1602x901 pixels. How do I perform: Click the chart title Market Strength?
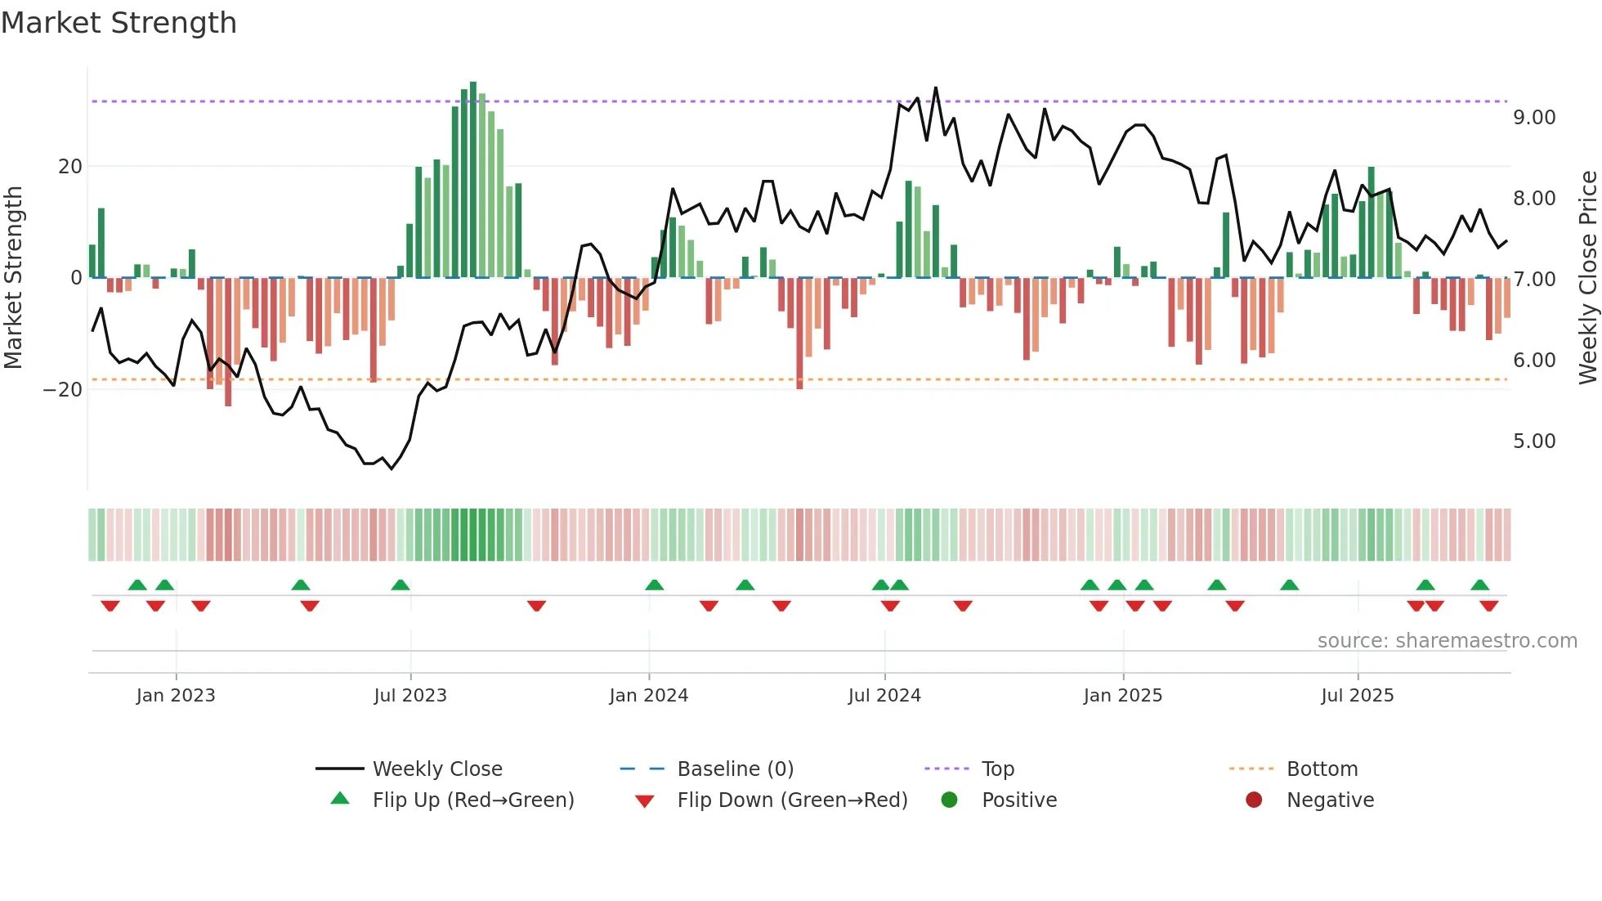119,23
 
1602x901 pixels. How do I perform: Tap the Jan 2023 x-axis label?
176,696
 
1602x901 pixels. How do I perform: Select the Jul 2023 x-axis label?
410,696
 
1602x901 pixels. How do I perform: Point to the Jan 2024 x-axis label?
649,696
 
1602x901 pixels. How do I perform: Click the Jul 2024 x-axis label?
884,696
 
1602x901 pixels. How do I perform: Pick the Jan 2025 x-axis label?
1123,696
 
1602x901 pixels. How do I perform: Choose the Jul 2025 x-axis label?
1358,696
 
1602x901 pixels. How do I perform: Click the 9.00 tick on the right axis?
1534,118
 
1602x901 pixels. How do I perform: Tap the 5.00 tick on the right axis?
1534,442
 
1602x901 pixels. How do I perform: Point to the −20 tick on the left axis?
63,390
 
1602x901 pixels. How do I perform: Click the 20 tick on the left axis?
70,167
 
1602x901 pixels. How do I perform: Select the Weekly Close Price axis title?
1587,278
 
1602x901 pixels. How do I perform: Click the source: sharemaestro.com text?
1447,641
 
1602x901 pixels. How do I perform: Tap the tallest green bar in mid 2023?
473,180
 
